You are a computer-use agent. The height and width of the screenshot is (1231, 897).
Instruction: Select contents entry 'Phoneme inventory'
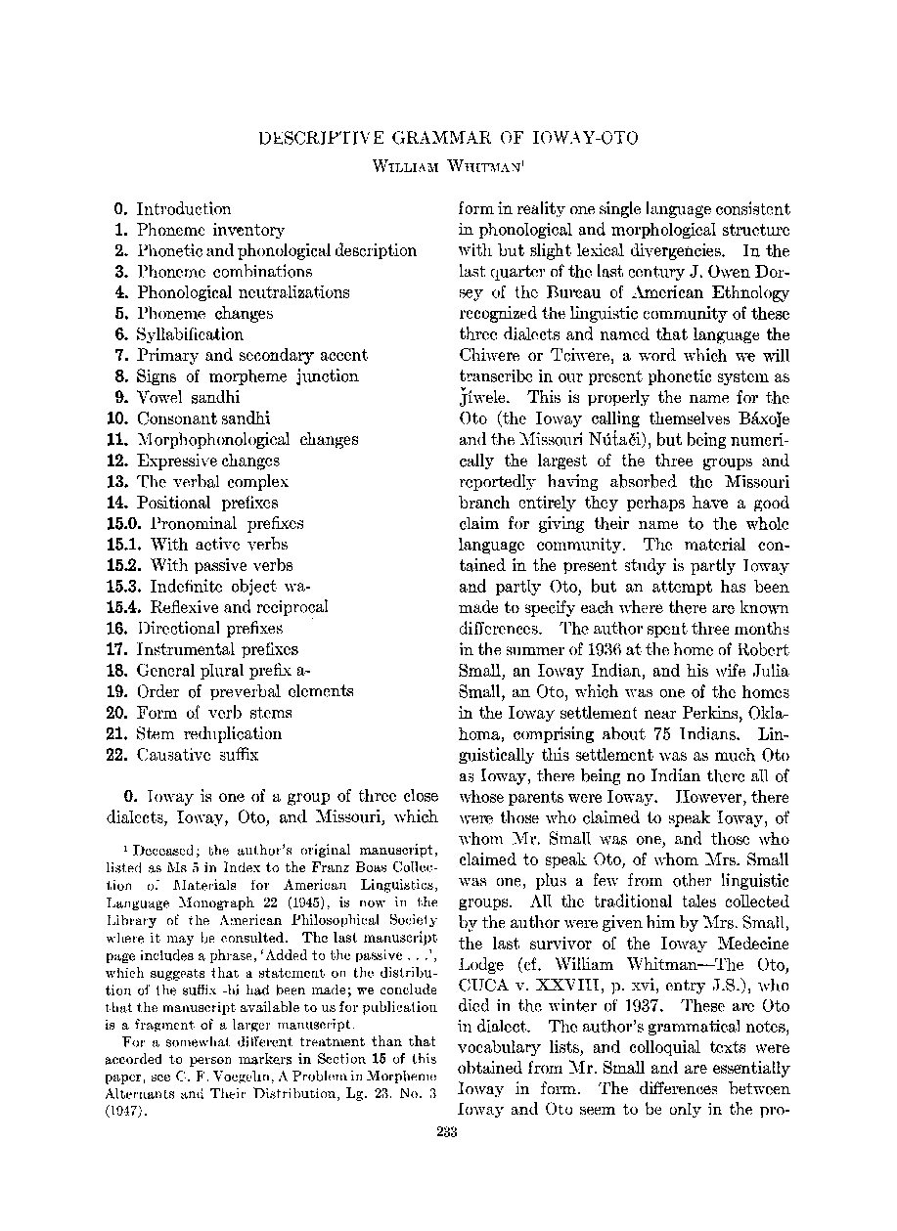[x=210, y=230]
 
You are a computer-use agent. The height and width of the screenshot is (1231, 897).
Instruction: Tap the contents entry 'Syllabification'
[x=190, y=334]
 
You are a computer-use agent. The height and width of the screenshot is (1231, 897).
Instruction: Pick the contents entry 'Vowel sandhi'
[x=188, y=397]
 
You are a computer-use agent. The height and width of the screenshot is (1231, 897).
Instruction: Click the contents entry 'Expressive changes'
[x=208, y=461]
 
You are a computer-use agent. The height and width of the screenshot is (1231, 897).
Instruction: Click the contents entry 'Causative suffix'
[x=200, y=755]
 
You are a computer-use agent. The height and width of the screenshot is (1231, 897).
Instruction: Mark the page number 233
[x=448, y=1132]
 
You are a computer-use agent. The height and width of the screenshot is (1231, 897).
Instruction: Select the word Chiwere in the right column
[x=490, y=356]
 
